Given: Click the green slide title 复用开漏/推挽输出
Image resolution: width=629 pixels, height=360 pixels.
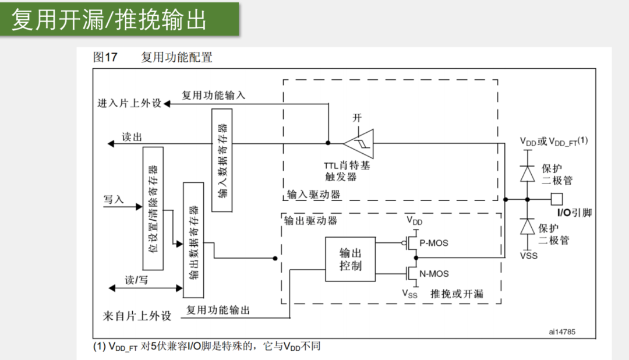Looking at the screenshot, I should coord(109,20).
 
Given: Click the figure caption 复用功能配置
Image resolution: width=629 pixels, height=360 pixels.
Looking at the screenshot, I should coord(176,57).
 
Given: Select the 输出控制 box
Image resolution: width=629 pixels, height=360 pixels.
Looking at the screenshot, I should coord(350,259).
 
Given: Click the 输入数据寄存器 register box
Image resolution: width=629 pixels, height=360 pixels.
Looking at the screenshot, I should coord(221,160).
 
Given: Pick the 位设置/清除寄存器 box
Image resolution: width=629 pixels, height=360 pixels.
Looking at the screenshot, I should coord(153,208).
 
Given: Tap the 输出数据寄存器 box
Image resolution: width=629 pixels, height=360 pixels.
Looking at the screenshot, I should coord(193,239).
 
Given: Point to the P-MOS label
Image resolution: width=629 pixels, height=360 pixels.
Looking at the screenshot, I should coord(433,242).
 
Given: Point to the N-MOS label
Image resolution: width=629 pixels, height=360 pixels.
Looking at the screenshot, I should coord(434,273).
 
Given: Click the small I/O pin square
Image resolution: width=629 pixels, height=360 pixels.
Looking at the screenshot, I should coord(557,199).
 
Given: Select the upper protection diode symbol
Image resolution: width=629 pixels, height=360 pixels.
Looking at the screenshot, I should coord(528,174).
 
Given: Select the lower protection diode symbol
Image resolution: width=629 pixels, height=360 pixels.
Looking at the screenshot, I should coord(528,226).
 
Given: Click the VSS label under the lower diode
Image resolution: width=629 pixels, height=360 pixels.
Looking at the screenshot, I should coord(529,255).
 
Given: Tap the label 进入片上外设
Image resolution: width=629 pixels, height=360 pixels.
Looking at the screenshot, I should coord(129,104).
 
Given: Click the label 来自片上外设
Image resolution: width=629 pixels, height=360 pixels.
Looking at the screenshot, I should coord(137,316).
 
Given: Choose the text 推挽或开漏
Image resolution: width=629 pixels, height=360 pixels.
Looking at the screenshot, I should coord(457,293).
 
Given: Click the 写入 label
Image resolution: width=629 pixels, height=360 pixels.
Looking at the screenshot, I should coord(114,199).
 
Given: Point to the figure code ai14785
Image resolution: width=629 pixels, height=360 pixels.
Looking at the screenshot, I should coord(562,332).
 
